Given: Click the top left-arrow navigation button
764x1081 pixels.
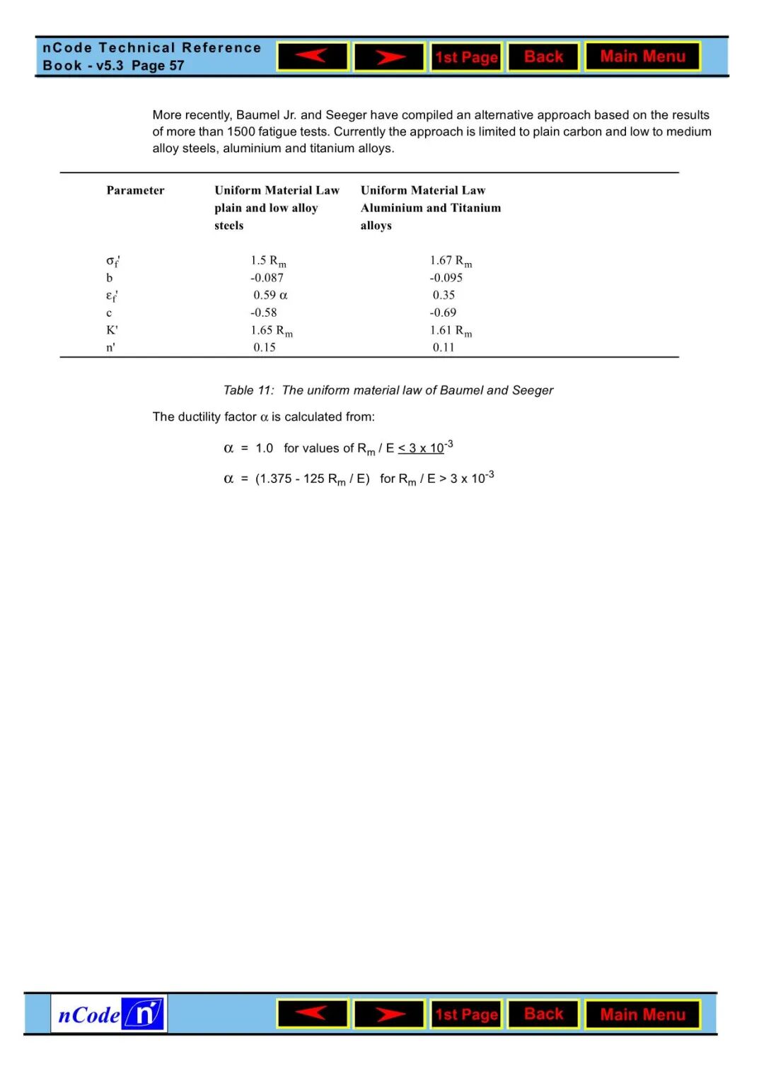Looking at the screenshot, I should click(313, 57).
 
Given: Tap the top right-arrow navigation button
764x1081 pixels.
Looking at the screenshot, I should click(389, 57).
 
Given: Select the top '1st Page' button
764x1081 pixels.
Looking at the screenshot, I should click(466, 57).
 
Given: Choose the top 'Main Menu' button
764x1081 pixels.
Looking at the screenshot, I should click(642, 57).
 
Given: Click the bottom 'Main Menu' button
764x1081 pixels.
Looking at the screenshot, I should click(642, 1015).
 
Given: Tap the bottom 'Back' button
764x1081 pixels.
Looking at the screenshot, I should click(543, 1014).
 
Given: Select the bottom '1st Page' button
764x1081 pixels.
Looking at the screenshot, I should click(466, 1015).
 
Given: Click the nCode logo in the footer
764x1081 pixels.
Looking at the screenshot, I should click(109, 1015).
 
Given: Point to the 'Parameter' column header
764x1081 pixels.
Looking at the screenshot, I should click(135, 190).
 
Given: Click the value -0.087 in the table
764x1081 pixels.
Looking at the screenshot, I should click(267, 278).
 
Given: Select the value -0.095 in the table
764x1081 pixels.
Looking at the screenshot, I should click(446, 278).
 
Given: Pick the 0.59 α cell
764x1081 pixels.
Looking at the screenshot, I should click(270, 295).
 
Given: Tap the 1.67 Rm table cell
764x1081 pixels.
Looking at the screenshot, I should click(451, 261).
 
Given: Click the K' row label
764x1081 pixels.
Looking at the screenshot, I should click(112, 330).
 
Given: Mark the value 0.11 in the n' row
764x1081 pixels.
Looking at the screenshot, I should click(444, 347).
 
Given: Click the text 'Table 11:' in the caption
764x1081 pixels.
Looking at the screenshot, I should click(248, 390).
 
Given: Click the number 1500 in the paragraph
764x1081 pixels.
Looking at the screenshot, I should click(242, 132).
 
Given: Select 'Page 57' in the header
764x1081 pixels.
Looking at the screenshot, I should click(158, 66).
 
